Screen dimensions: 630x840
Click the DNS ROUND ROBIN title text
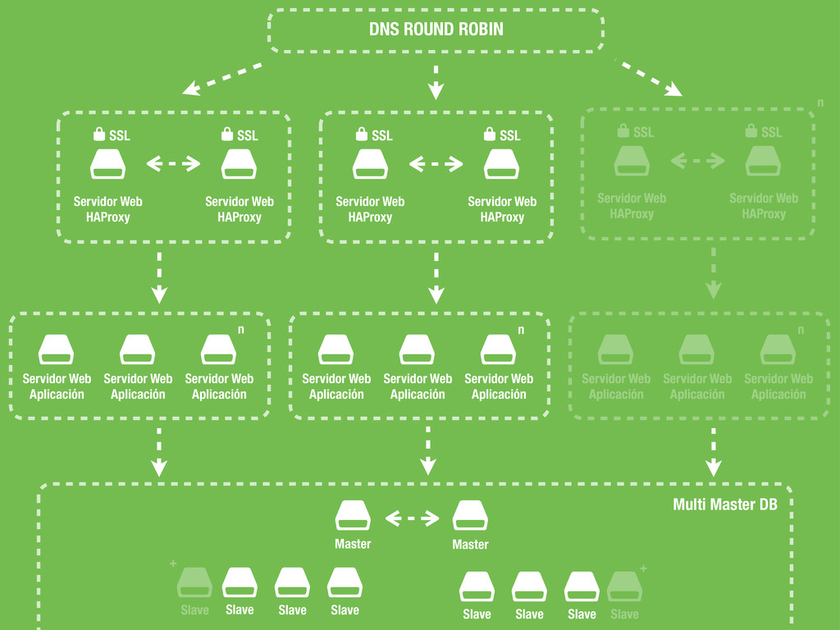pos(436,30)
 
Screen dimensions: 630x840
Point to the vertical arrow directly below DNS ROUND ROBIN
pos(436,81)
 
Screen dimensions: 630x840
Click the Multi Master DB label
pos(725,504)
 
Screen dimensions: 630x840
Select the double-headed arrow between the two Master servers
pos(412,518)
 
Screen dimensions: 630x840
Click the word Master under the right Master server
pos(470,545)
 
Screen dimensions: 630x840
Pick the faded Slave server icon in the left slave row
pos(194,582)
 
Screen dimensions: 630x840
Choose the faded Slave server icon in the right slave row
pos(624,587)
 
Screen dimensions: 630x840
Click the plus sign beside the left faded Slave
pos(173,564)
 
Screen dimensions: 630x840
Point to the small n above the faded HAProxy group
pos(820,104)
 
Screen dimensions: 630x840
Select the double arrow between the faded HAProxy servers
pos(698,161)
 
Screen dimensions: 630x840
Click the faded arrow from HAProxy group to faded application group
pos(713,273)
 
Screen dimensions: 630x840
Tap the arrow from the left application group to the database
pos(158,451)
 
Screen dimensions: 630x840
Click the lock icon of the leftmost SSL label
pos(98,134)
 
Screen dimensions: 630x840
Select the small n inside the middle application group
pos(520,331)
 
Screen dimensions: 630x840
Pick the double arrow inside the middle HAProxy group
pos(436,164)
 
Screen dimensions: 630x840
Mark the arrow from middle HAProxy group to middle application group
pos(436,277)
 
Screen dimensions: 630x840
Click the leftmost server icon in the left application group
pos(56,350)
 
